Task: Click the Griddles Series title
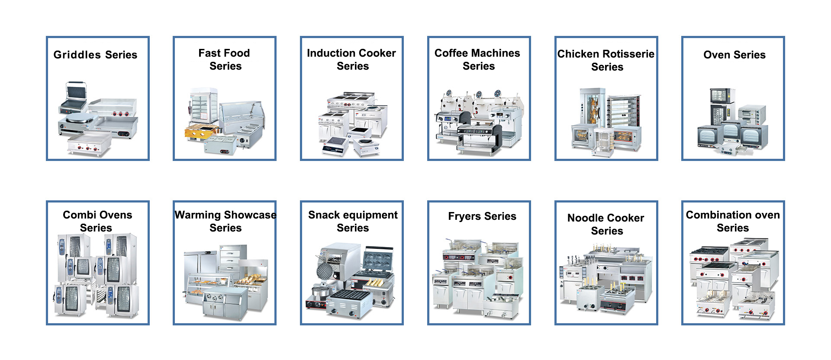[95, 55]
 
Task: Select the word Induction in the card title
[331, 53]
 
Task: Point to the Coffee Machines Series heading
[477, 59]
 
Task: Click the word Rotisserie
[630, 54]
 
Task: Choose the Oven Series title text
[734, 55]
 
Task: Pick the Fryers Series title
[482, 216]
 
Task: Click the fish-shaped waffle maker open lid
[378, 260]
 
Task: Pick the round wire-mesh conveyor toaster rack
[325, 272]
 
